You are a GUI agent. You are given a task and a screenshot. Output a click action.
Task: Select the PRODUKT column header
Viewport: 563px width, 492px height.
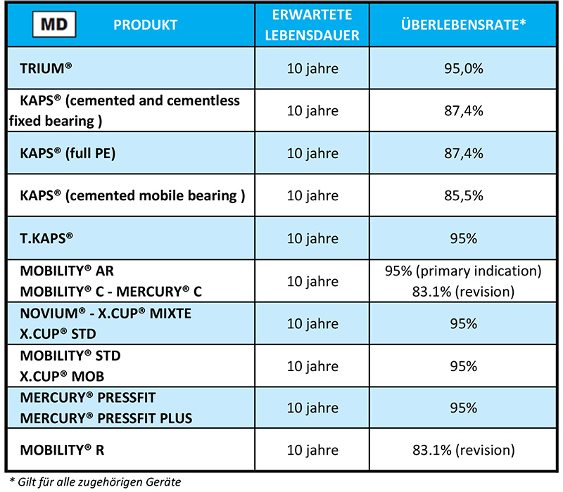pyautogui.click(x=146, y=25)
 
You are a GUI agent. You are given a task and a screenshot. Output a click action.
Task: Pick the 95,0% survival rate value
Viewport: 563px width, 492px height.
pyautogui.click(x=464, y=69)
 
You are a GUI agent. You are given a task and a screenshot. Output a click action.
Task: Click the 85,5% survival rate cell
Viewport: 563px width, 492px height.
pyautogui.click(x=464, y=195)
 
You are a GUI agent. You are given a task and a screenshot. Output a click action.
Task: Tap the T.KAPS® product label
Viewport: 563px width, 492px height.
pyautogui.click(x=47, y=238)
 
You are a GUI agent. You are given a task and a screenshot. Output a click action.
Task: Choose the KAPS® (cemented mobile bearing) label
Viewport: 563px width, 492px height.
pyautogui.click(x=132, y=195)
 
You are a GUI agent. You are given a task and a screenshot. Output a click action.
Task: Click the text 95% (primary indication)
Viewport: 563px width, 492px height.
pyautogui.click(x=464, y=271)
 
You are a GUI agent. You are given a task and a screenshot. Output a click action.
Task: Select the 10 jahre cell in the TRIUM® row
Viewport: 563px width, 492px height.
pyautogui.click(x=313, y=69)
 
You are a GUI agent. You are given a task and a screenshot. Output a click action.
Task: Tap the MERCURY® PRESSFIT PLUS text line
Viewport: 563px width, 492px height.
pyautogui.click(x=106, y=418)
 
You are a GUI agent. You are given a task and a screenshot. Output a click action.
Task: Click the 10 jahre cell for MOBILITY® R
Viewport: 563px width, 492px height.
pyautogui.click(x=313, y=449)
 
